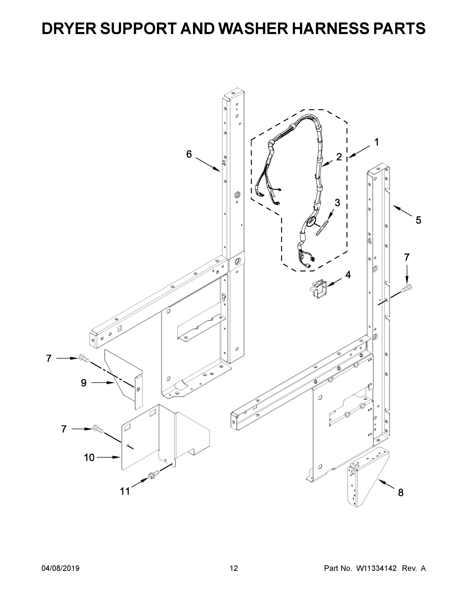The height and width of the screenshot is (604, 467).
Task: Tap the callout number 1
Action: click(x=376, y=142)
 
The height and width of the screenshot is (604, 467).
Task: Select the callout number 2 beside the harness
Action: click(x=339, y=157)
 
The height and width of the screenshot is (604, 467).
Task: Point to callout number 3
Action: click(x=337, y=203)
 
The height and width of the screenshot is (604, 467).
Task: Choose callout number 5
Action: click(x=418, y=220)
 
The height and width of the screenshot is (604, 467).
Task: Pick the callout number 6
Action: click(x=189, y=154)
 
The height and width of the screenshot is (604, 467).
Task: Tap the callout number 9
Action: click(x=84, y=383)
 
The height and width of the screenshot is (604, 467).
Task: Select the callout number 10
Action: click(x=89, y=458)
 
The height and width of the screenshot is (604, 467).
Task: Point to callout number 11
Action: click(x=125, y=491)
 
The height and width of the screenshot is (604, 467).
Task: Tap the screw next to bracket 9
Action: click(x=84, y=358)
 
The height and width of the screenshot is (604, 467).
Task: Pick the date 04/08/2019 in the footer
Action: click(x=60, y=568)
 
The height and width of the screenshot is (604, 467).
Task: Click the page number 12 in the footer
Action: click(x=234, y=568)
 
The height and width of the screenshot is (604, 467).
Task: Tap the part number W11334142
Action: click(x=377, y=568)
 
